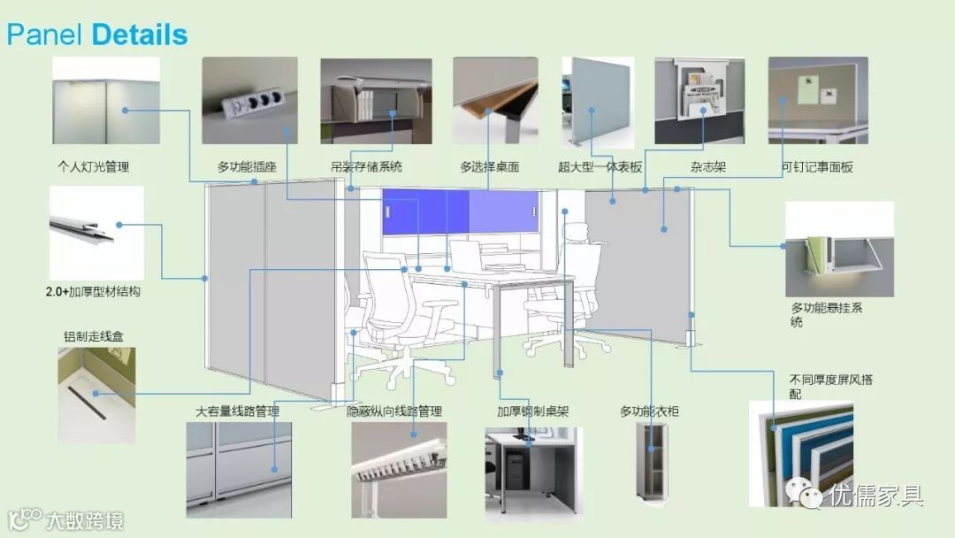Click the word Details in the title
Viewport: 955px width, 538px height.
[139, 35]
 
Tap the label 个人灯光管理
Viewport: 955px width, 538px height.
[99, 166]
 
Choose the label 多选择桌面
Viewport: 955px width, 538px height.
[489, 166]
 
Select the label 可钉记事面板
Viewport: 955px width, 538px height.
[817, 166]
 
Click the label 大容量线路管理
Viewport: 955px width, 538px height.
[237, 411]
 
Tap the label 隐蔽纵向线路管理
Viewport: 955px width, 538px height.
[393, 411]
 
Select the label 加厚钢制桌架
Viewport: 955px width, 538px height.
[532, 411]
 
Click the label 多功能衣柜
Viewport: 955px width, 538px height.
[649, 411]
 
